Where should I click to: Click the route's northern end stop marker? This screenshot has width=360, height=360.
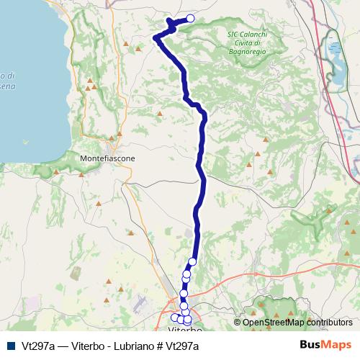click(x=191, y=19)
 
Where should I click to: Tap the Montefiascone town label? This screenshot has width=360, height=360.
click(x=107, y=158)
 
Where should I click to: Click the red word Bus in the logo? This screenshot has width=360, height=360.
click(x=311, y=345)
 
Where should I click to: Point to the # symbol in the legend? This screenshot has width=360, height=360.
click(x=159, y=346)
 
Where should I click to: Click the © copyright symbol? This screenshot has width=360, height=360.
click(x=238, y=323)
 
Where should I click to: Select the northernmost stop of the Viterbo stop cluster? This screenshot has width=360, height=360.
click(x=193, y=262)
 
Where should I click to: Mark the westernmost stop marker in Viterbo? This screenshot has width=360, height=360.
click(x=174, y=317)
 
